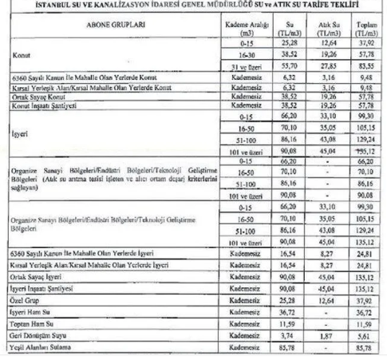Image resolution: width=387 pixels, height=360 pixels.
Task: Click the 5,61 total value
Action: tap(365, 336)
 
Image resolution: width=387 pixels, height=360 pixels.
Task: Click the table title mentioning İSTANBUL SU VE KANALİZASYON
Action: tap(194, 7)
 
